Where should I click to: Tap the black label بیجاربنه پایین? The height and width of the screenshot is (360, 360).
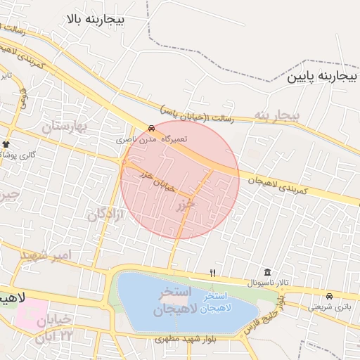(317, 76)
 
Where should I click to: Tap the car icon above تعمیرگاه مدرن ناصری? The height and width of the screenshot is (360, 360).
(153, 128)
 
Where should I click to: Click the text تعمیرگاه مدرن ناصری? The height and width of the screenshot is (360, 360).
(153, 139)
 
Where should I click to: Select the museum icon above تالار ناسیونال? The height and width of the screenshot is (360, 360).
(267, 272)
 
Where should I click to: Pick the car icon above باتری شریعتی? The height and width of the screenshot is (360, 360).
(330, 295)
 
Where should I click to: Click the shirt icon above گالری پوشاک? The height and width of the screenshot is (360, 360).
(6, 144)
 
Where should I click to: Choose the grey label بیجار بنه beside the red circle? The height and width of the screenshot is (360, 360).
(276, 115)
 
